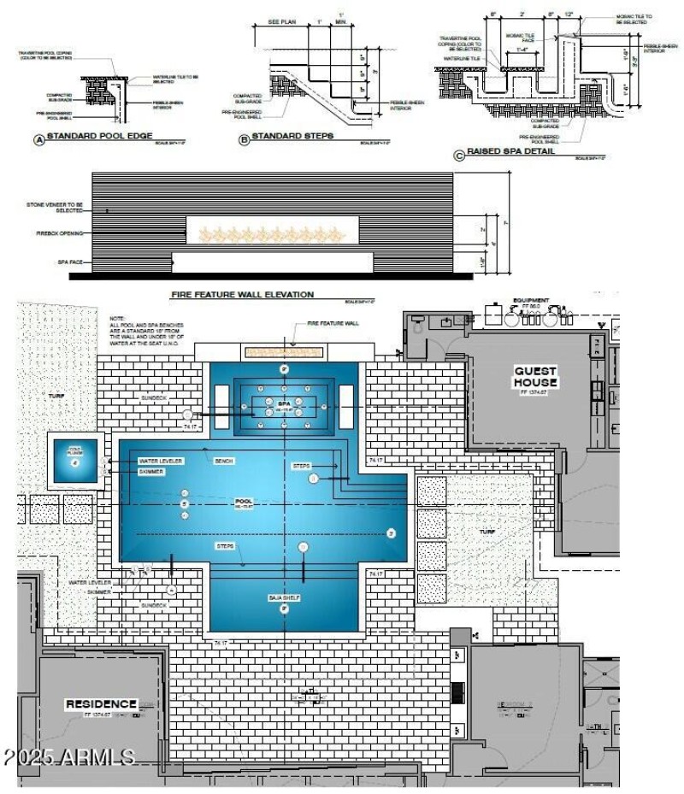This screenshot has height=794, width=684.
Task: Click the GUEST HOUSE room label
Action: coord(535,377)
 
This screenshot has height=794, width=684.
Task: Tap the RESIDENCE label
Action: coord(101,703)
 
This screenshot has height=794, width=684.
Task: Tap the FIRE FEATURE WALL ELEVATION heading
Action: coord(243,294)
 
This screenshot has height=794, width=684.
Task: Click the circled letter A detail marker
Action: coord(38,138)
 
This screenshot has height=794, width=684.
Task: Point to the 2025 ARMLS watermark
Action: coord(68,757)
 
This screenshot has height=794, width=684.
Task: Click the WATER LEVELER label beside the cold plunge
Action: coord(160,461)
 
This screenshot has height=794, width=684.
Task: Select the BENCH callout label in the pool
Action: coord(224,461)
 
